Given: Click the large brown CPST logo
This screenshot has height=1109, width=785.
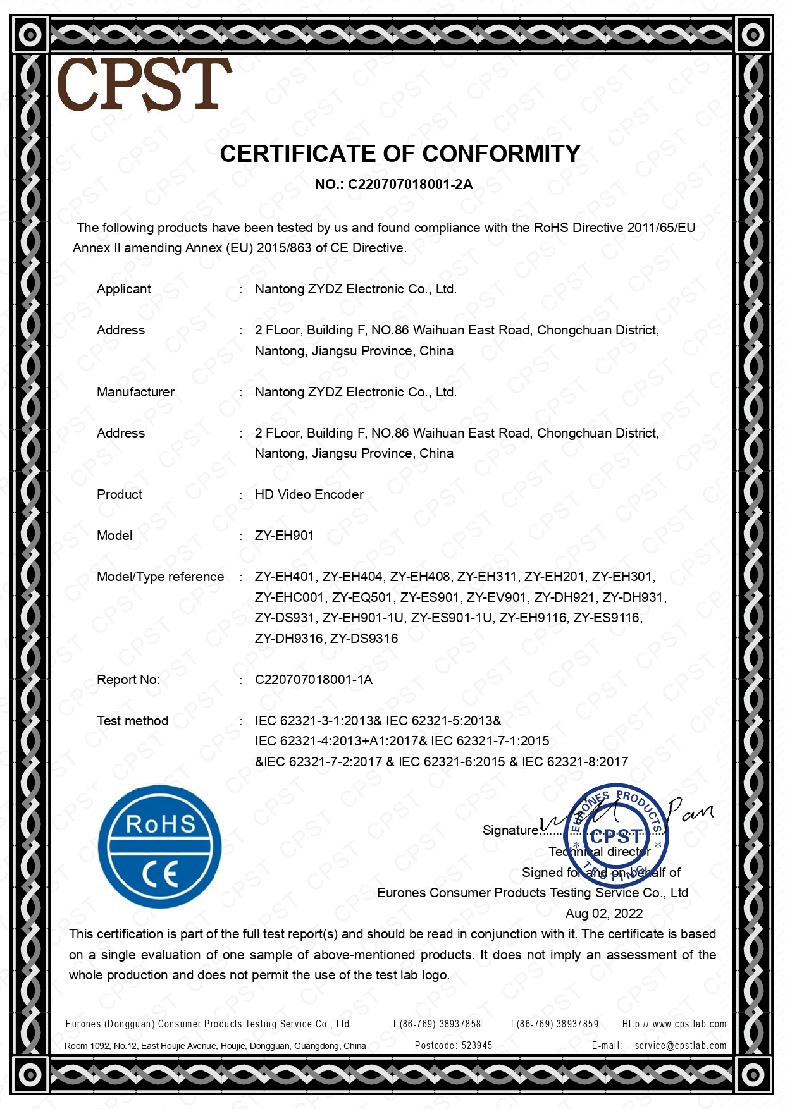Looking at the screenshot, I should pyautogui.click(x=144, y=84).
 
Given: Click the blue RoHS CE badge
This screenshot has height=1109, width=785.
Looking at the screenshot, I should pyautogui.click(x=160, y=847).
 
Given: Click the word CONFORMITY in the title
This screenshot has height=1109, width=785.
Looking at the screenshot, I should pyautogui.click(x=501, y=154).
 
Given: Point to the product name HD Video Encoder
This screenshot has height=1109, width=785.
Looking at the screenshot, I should pyautogui.click(x=309, y=494).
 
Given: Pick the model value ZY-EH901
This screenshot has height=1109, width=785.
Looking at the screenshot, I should pyautogui.click(x=284, y=536).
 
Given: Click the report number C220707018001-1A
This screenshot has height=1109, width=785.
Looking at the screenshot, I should pyautogui.click(x=313, y=680).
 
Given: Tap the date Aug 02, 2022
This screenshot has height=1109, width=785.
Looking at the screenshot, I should pyautogui.click(x=603, y=914).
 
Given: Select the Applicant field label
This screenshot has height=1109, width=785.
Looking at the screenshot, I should pyautogui.click(x=123, y=289).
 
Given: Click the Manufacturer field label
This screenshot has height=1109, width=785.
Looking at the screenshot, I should pyautogui.click(x=135, y=392).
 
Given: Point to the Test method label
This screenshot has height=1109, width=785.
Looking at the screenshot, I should pyautogui.click(x=132, y=721).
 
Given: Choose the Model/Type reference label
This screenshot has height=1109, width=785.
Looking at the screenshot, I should pyautogui.click(x=160, y=577).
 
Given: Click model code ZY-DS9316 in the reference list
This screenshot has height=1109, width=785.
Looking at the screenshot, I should pyautogui.click(x=364, y=639).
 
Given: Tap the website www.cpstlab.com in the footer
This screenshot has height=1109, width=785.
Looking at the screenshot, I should pyautogui.click(x=689, y=1024).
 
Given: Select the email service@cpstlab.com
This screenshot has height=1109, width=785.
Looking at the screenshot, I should pyautogui.click(x=680, y=1046).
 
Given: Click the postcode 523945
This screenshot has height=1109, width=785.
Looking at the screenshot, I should pyautogui.click(x=476, y=1046).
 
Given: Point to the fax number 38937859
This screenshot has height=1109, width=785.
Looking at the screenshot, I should pyautogui.click(x=576, y=1024).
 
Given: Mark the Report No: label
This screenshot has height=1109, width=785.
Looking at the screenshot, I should pyautogui.click(x=128, y=680).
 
